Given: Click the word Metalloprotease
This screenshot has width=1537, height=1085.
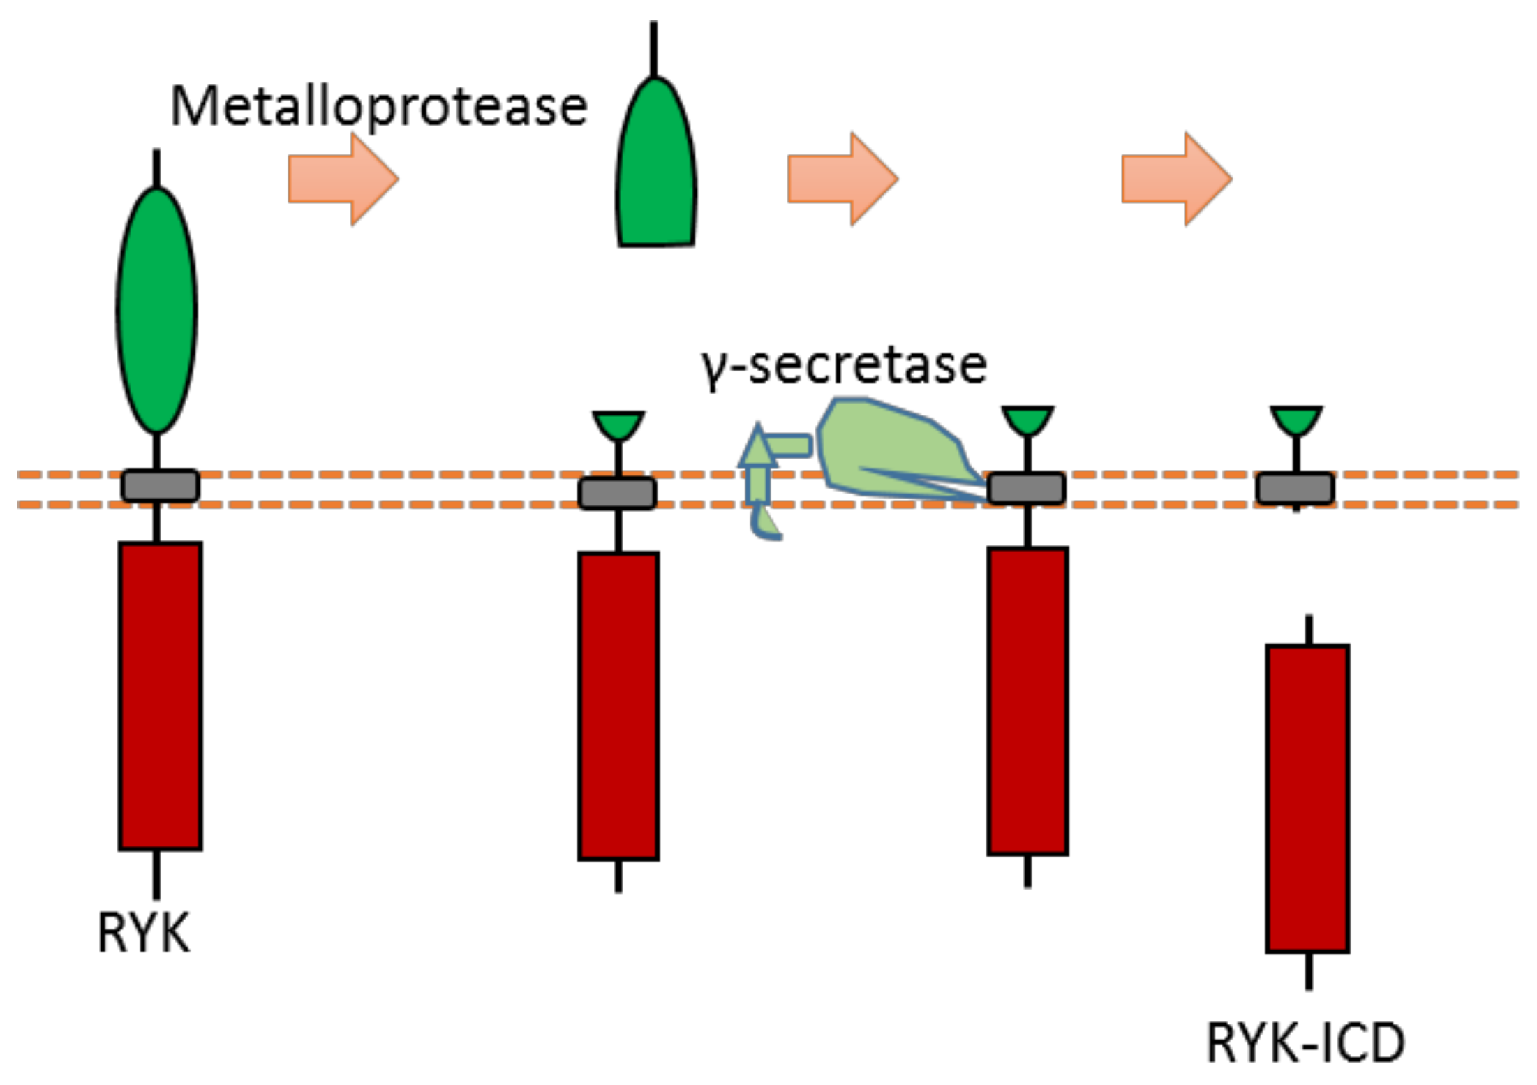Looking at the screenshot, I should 379,107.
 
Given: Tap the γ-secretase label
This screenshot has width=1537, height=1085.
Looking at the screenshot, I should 844,366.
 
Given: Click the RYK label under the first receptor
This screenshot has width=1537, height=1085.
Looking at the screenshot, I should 143,933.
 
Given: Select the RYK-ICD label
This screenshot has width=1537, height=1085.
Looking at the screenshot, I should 1305,1043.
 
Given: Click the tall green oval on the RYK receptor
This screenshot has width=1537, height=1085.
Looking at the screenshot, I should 157,311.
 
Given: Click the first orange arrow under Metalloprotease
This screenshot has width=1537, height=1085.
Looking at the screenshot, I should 343,179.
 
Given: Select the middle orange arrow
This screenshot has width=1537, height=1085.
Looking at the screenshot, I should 842,179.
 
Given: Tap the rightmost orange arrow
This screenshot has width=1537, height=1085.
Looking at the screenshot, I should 1176,179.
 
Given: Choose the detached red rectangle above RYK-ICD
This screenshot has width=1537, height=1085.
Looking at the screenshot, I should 1307,799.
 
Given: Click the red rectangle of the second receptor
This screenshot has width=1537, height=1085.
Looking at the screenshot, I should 618,706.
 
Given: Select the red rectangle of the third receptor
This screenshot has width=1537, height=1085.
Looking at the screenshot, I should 1027,701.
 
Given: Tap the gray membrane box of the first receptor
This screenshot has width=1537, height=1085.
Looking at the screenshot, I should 161,486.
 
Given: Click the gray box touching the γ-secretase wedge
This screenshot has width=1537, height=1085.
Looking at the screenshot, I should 1027,489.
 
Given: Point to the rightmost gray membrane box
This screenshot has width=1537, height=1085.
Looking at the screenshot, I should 1295,489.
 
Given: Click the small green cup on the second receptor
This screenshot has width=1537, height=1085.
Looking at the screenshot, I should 618,424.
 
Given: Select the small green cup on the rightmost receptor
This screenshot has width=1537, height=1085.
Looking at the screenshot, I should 1296,419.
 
